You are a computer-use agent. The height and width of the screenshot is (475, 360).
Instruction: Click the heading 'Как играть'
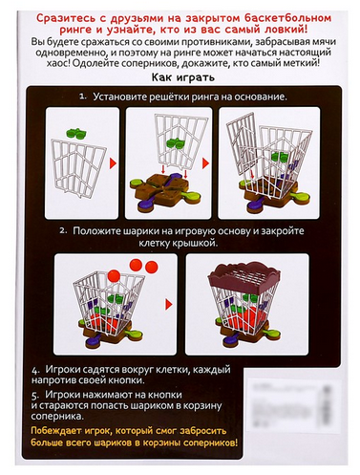180,80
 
